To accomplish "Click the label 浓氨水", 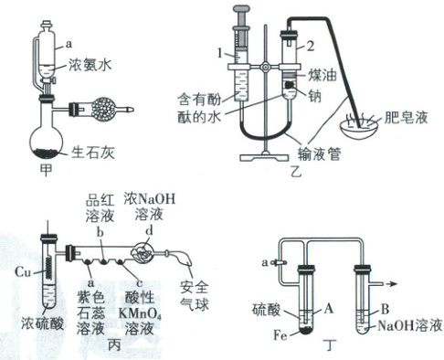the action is pyautogui.click(x=90, y=64).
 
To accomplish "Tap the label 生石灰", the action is pyautogui.click(x=93, y=152).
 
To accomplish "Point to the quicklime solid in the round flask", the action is pyautogui.click(x=46, y=153).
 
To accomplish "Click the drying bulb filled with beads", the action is pyautogui.click(x=104, y=109).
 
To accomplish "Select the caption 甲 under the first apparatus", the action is pyautogui.click(x=46, y=170).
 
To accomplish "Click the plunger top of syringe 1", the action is pyautogui.click(x=243, y=9).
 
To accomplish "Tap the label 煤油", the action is pyautogui.click(x=322, y=75).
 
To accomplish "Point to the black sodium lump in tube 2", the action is pyautogui.click(x=290, y=84).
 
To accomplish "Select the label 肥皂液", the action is pyautogui.click(x=406, y=117).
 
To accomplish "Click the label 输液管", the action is pyautogui.click(x=319, y=154).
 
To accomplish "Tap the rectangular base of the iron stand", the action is pyautogui.click(x=264, y=158).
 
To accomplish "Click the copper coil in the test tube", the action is pyautogui.click(x=49, y=268).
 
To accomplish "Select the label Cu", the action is pyautogui.click(x=23, y=271).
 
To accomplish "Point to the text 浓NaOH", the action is pyautogui.click(x=150, y=199).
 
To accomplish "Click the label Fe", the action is pyautogui.click(x=280, y=335).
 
